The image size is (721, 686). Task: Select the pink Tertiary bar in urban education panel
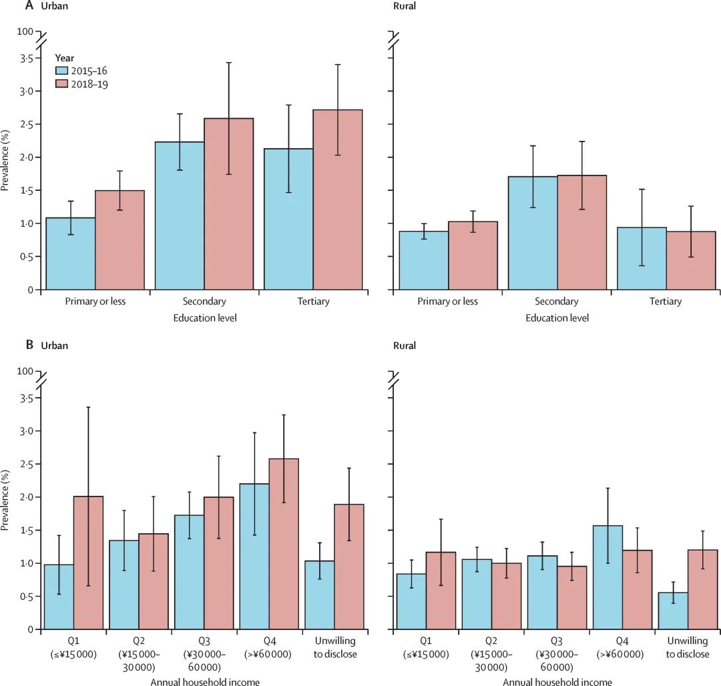338,200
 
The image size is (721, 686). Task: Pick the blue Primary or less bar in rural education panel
424,260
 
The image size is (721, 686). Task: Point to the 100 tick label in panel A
24,31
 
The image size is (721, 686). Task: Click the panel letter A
29,6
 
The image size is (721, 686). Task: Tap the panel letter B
29,346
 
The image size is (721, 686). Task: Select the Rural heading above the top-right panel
405,6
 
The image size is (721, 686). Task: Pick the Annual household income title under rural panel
557,681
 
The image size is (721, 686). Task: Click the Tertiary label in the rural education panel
666,302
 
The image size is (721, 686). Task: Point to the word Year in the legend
64,57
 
